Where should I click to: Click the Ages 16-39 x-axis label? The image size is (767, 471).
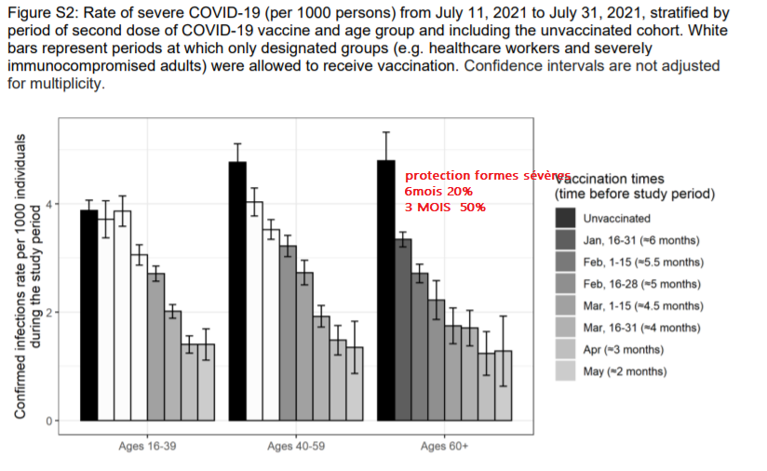pyautogui.click(x=147, y=447)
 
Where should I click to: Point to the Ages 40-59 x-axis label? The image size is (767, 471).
pyautogui.click(x=296, y=447)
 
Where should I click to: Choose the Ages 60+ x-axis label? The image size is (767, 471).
pyautogui.click(x=444, y=447)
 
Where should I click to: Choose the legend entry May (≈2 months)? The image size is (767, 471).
pyautogui.click(x=625, y=371)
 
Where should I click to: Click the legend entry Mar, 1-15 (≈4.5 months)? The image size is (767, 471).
pyautogui.click(x=643, y=305)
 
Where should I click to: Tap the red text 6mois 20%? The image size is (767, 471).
pyautogui.click(x=438, y=191)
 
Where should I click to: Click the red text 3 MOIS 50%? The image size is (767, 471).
pyautogui.click(x=445, y=207)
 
